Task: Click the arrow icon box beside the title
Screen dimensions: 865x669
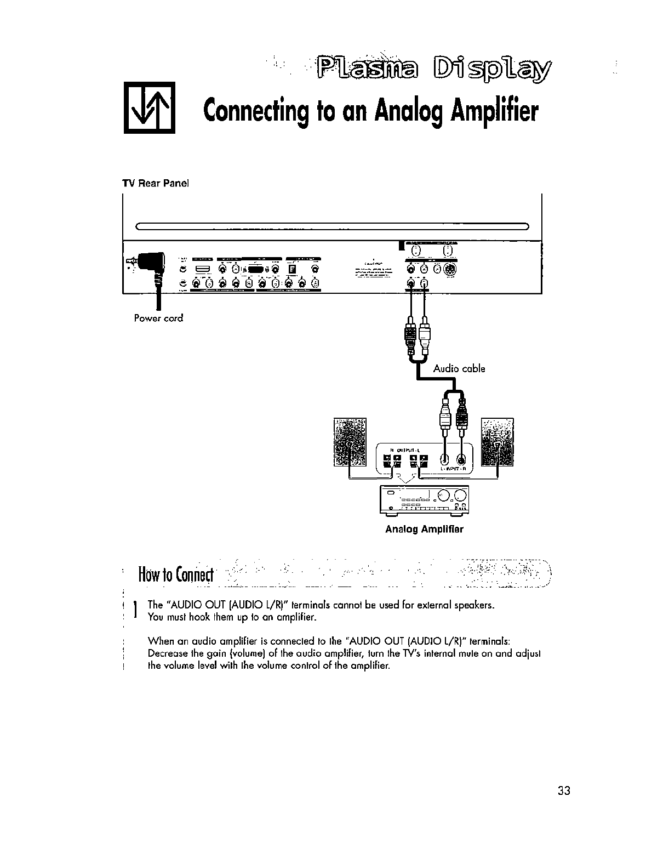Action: point(149,107)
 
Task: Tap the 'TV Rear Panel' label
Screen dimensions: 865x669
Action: point(156,184)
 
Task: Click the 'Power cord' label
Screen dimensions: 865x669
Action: point(158,318)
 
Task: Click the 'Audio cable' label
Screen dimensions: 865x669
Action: point(459,368)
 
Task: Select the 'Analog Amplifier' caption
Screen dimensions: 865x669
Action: point(424,529)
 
